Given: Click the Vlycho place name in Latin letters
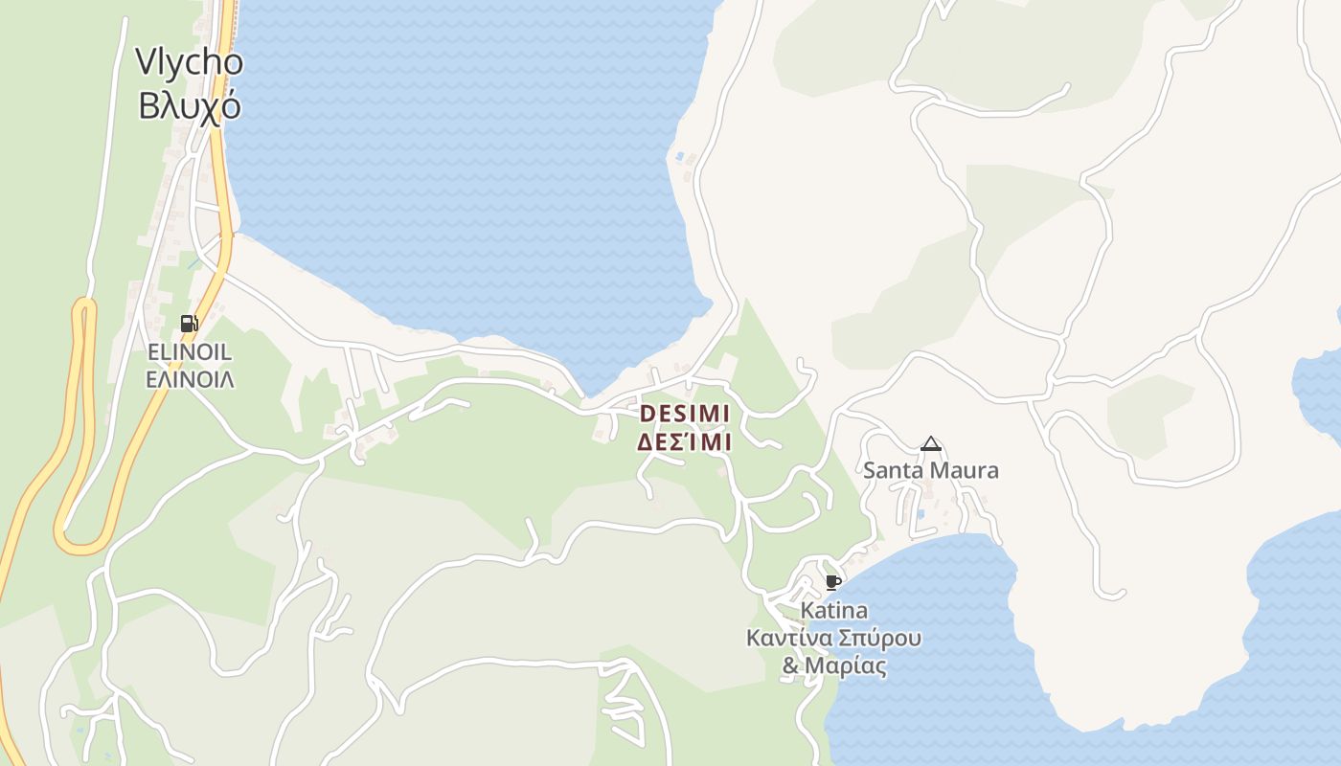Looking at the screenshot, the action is click(189, 62).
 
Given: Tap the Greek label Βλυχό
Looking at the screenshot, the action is click(189, 105).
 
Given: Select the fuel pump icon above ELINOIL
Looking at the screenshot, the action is click(189, 324).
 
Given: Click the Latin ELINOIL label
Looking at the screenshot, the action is click(190, 352).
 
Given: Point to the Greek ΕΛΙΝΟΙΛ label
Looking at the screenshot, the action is click(190, 379).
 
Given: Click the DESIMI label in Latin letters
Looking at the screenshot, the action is click(684, 414).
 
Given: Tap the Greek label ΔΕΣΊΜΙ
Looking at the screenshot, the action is click(684, 442).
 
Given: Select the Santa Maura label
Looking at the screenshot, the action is click(930, 470).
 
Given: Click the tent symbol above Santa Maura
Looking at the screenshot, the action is click(930, 444).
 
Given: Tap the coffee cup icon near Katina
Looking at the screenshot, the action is click(832, 582).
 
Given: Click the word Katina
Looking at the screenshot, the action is click(833, 611).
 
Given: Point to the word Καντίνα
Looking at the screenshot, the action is click(789, 638).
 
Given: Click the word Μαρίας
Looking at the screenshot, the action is click(845, 665).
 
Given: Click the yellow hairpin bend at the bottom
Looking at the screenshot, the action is click(81, 546).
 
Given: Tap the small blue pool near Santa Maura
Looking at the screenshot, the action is click(920, 514).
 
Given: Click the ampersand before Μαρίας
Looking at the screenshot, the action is click(790, 665).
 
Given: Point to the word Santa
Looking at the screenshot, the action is click(893, 470).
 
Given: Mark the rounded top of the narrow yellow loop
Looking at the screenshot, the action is click(85, 304).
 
